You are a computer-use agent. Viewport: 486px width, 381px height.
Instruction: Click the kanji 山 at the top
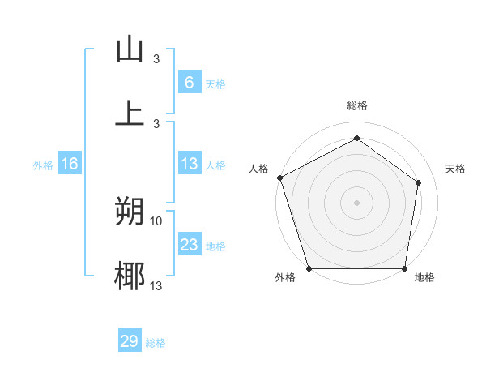(x=130, y=49)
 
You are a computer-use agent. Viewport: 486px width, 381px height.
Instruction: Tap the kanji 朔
(x=130, y=212)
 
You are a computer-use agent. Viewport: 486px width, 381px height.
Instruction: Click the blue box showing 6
(x=189, y=83)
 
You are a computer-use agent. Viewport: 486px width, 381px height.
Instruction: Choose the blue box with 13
(x=189, y=165)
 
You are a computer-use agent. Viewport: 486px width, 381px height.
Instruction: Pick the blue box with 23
(x=189, y=246)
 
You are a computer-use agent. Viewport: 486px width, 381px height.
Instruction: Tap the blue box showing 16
(x=70, y=165)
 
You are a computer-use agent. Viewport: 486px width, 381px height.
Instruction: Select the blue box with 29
(x=130, y=341)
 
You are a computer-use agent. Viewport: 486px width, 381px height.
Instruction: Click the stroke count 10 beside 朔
(x=156, y=220)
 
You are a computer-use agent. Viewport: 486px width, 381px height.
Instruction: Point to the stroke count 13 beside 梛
(x=156, y=285)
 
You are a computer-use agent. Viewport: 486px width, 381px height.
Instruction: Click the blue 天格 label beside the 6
(x=215, y=83)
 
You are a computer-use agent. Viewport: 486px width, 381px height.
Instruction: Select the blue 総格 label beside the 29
(x=156, y=343)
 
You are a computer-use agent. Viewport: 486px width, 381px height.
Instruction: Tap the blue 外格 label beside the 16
(x=43, y=165)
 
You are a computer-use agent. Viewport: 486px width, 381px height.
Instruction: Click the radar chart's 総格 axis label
(x=356, y=105)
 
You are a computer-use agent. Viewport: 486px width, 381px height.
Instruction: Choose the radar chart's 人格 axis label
(x=258, y=169)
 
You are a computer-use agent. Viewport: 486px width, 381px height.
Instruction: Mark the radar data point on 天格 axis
(x=419, y=182)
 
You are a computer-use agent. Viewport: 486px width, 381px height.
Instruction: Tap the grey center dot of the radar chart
(x=356, y=202)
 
